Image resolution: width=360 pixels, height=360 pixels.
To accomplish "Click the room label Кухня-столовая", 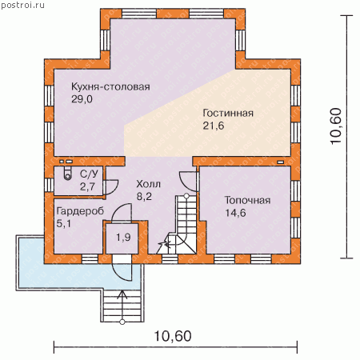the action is tap(110, 87).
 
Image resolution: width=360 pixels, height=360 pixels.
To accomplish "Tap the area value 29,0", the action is tap(82, 99).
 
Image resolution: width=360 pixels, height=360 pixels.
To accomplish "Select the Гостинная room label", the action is tap(228, 113).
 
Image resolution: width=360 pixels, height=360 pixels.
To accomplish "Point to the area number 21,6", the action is tap(214, 126).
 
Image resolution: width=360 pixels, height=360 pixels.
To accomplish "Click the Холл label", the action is tap(148, 184).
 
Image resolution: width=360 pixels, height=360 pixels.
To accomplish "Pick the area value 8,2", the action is tap(144, 197).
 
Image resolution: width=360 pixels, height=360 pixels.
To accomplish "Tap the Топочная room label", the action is tap(247, 200).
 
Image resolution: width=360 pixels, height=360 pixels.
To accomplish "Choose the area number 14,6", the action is tap(235, 213).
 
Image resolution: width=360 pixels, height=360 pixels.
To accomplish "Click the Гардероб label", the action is tap(80, 211).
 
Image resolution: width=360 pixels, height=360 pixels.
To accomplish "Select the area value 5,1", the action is tap(64, 223).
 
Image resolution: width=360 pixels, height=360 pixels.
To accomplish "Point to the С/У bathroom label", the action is tap(89, 174).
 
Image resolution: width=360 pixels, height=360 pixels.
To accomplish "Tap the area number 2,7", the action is tap(87, 186).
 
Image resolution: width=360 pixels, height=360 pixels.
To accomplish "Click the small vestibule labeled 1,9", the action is tap(123, 237).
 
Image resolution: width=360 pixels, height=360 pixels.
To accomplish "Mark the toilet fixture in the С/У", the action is tap(68, 173).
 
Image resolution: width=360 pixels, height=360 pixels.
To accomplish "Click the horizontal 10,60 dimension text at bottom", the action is tap(173, 336).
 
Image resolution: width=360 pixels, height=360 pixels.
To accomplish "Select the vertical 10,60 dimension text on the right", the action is tap(336, 126).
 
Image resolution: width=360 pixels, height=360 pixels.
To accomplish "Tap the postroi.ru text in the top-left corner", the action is tap(22, 5).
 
